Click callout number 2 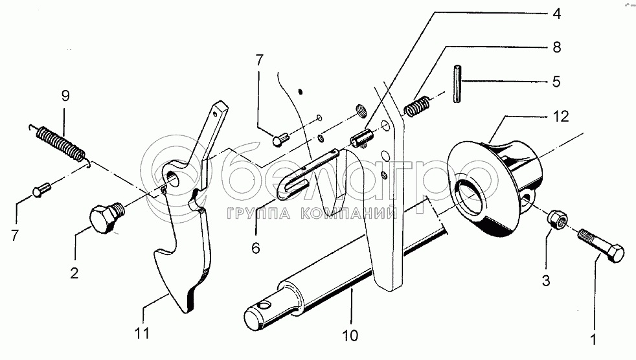tap(74, 273)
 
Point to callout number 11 tap(142, 333)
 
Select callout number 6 tap(256, 247)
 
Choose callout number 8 tap(556, 47)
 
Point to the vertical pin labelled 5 tap(458, 82)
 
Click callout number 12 tap(561, 117)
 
